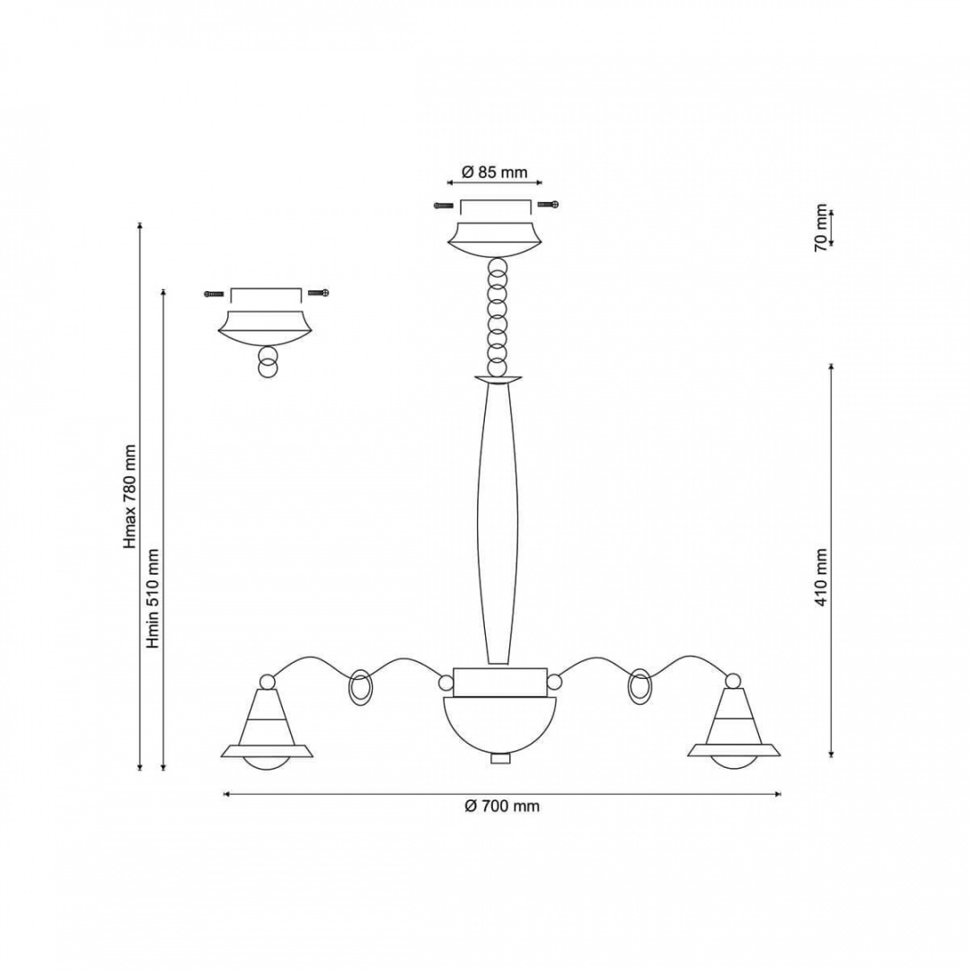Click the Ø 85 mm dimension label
click(494, 172)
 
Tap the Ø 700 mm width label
click(502, 806)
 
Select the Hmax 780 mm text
click(129, 496)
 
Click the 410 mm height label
click(822, 577)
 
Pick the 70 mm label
click(821, 227)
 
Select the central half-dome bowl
click(500, 725)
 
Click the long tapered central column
click(498, 524)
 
